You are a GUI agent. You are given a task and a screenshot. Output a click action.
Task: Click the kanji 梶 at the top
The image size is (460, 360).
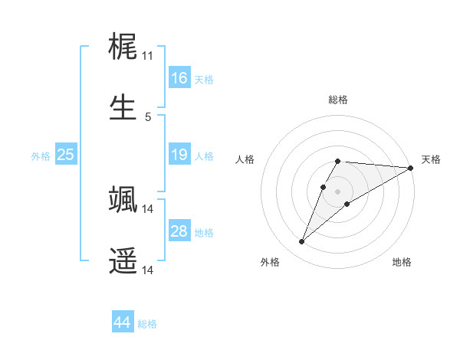pos(123,46)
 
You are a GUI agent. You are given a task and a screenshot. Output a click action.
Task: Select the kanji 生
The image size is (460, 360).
pos(123,107)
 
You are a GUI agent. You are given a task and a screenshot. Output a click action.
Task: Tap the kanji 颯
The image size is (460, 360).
pos(123,198)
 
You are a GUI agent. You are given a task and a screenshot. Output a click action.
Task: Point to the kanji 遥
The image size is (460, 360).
pos(123,260)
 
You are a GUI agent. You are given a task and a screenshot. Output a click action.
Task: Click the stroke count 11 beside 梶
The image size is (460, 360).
pos(148,56)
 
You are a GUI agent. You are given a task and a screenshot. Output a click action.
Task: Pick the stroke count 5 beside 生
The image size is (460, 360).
pos(148,117)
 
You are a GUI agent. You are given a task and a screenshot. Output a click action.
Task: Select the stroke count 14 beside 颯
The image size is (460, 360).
pos(148,208)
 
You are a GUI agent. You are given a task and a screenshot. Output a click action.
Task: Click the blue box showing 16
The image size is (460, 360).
pos(179,78)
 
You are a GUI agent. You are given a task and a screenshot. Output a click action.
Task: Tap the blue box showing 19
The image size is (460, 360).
pos(179,155)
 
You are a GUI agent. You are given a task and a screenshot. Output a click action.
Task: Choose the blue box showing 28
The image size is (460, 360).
pos(179,231)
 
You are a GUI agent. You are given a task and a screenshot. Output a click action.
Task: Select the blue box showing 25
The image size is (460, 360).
pos(65,155)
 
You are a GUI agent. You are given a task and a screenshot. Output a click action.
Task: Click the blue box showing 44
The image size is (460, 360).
pos(122,323)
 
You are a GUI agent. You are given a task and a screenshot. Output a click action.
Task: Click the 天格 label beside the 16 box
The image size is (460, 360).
pos(203,79)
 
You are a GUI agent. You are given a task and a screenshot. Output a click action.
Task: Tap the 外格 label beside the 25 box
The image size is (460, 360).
pos(41,156)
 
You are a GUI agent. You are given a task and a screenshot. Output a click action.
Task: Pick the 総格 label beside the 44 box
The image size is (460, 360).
pos(147,324)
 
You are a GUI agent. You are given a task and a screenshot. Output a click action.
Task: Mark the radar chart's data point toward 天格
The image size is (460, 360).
pos(411,169)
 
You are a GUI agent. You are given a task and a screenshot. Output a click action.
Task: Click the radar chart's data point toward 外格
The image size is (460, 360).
pos(302,242)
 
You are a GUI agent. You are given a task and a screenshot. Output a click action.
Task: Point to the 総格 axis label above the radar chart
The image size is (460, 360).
pos(338,100)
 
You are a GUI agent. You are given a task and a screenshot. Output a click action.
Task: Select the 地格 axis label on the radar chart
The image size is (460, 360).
pos(402,263)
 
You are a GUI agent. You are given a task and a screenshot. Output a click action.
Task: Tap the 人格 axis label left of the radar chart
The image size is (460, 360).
pos(245,159)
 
